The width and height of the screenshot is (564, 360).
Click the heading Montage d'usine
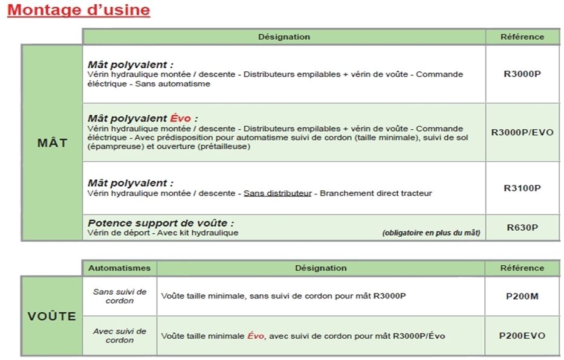click(79, 10)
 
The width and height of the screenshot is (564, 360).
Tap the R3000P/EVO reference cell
click(522, 133)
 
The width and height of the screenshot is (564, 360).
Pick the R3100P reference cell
click(522, 188)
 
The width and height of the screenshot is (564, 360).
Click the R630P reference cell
click(522, 228)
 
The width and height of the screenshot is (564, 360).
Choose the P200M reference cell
click(522, 296)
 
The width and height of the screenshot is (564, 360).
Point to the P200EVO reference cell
click(522, 336)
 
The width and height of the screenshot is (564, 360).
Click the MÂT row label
click(52, 144)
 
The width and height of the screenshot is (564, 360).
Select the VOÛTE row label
click(52, 317)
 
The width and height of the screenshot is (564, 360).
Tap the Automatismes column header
click(120, 268)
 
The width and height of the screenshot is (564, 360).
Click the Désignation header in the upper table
click(284, 37)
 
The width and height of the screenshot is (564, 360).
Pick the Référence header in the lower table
click(522, 268)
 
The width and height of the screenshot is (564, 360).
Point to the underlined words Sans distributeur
click(277, 193)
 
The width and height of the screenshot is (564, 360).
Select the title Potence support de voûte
click(160, 223)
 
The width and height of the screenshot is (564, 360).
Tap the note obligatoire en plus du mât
click(431, 233)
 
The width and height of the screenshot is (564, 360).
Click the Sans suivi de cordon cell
click(120, 296)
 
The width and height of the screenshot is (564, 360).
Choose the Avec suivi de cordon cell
click(120, 336)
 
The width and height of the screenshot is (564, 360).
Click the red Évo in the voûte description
click(256, 336)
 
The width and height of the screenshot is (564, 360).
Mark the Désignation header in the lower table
click(320, 268)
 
